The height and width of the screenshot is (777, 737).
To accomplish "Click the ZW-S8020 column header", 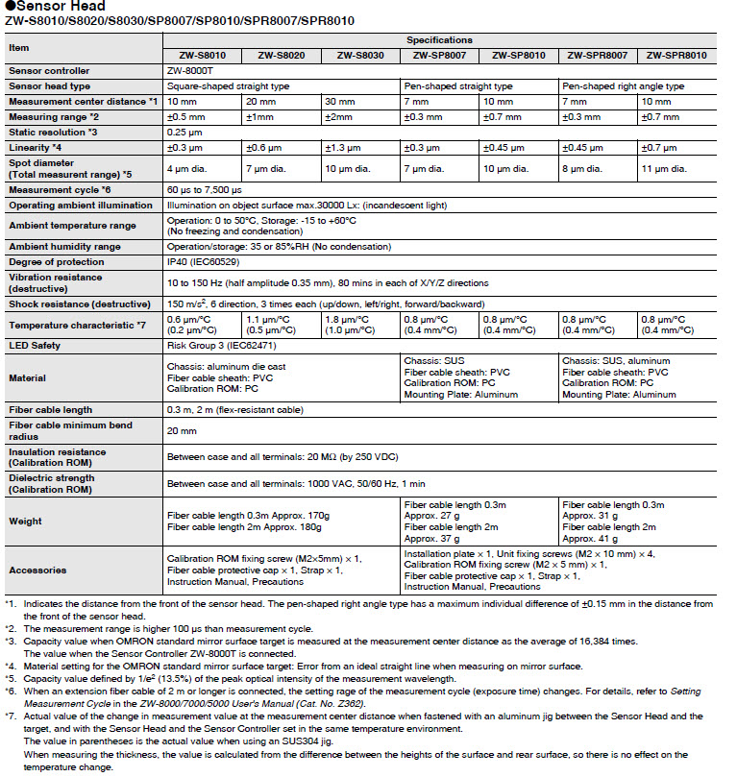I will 282,56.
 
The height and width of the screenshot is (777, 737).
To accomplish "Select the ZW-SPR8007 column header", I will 598,56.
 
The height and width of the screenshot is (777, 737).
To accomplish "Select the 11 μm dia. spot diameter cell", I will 664,168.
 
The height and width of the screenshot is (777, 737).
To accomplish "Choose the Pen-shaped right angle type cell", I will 624,85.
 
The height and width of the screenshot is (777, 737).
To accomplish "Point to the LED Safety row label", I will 35,346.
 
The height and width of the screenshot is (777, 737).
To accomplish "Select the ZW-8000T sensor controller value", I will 188,71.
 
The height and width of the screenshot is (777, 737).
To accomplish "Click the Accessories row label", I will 36,570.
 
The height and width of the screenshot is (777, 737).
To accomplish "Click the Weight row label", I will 25,522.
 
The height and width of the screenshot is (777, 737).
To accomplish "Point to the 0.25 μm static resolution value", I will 185,132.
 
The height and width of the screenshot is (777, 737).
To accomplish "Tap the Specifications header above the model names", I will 439,40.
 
